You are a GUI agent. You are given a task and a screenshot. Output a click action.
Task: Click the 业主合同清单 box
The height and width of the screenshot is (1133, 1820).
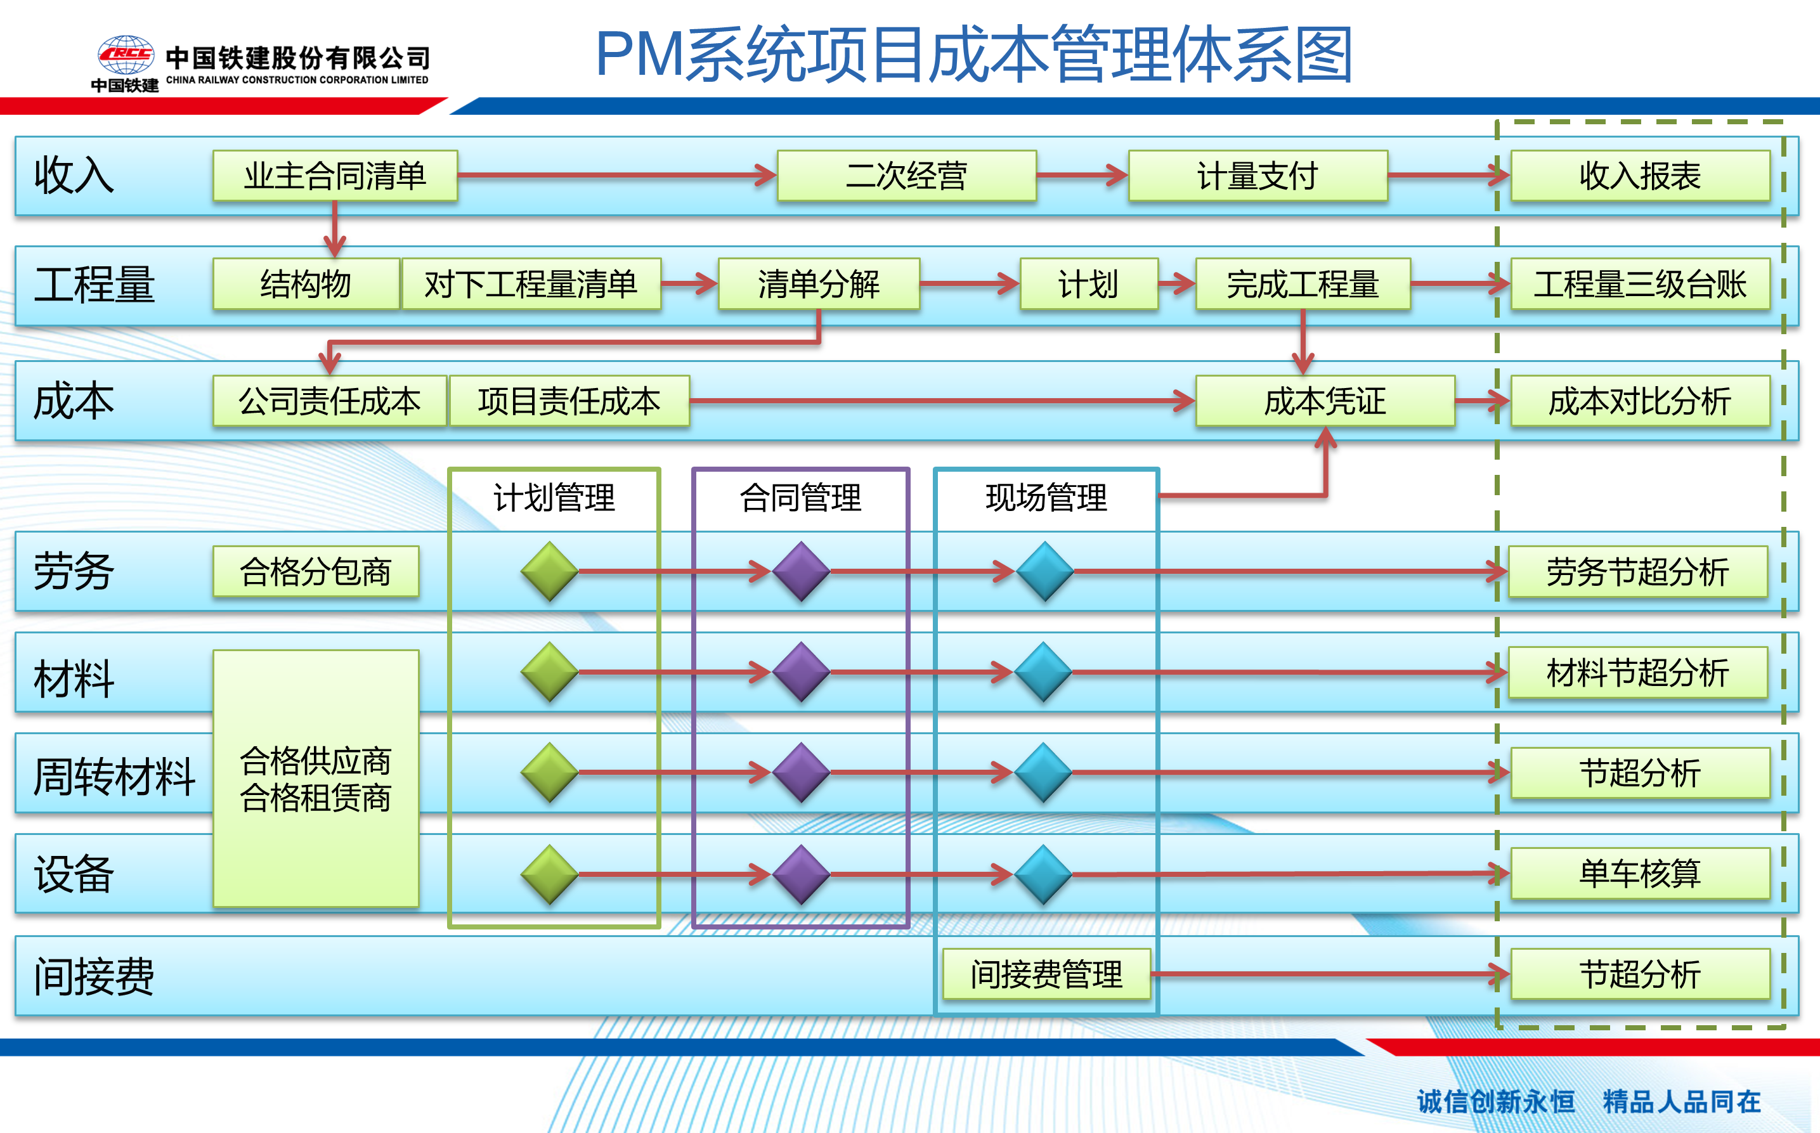[x=335, y=176]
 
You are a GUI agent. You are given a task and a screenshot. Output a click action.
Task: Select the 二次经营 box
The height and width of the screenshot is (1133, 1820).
[x=907, y=176]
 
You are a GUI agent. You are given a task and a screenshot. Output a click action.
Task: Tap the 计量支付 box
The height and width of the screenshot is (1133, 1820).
[x=1258, y=176]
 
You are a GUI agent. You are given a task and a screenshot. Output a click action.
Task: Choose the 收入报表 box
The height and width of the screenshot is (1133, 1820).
[x=1640, y=176]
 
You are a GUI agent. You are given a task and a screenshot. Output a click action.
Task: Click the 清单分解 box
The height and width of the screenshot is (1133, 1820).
[x=819, y=284]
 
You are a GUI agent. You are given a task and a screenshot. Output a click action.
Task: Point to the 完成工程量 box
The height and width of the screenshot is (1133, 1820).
[x=1303, y=284]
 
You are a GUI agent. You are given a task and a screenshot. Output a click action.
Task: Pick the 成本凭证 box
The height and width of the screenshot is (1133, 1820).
[x=1325, y=401]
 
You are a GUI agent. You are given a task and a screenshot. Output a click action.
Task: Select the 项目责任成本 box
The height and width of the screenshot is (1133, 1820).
[x=569, y=401]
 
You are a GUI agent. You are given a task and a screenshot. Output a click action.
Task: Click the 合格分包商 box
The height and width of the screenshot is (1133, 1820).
[x=315, y=572]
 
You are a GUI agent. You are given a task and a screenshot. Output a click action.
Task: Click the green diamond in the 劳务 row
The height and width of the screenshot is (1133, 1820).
[x=549, y=572]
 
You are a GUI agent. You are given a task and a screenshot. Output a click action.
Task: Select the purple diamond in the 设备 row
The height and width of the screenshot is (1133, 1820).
[x=801, y=874]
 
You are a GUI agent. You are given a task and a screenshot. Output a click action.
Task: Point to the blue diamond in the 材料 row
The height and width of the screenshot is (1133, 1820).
[x=1043, y=672]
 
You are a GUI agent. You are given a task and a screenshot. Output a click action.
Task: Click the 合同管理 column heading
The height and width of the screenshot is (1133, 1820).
[x=800, y=498]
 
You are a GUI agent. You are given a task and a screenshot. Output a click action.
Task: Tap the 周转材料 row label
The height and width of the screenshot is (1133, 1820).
[x=114, y=775]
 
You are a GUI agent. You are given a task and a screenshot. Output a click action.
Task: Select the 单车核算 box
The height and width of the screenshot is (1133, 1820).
[x=1640, y=874]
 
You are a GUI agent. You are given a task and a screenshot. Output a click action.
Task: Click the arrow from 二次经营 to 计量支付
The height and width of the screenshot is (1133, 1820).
[x=1082, y=176]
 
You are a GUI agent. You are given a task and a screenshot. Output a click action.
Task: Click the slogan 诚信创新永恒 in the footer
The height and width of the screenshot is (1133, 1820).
[x=1495, y=1101]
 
